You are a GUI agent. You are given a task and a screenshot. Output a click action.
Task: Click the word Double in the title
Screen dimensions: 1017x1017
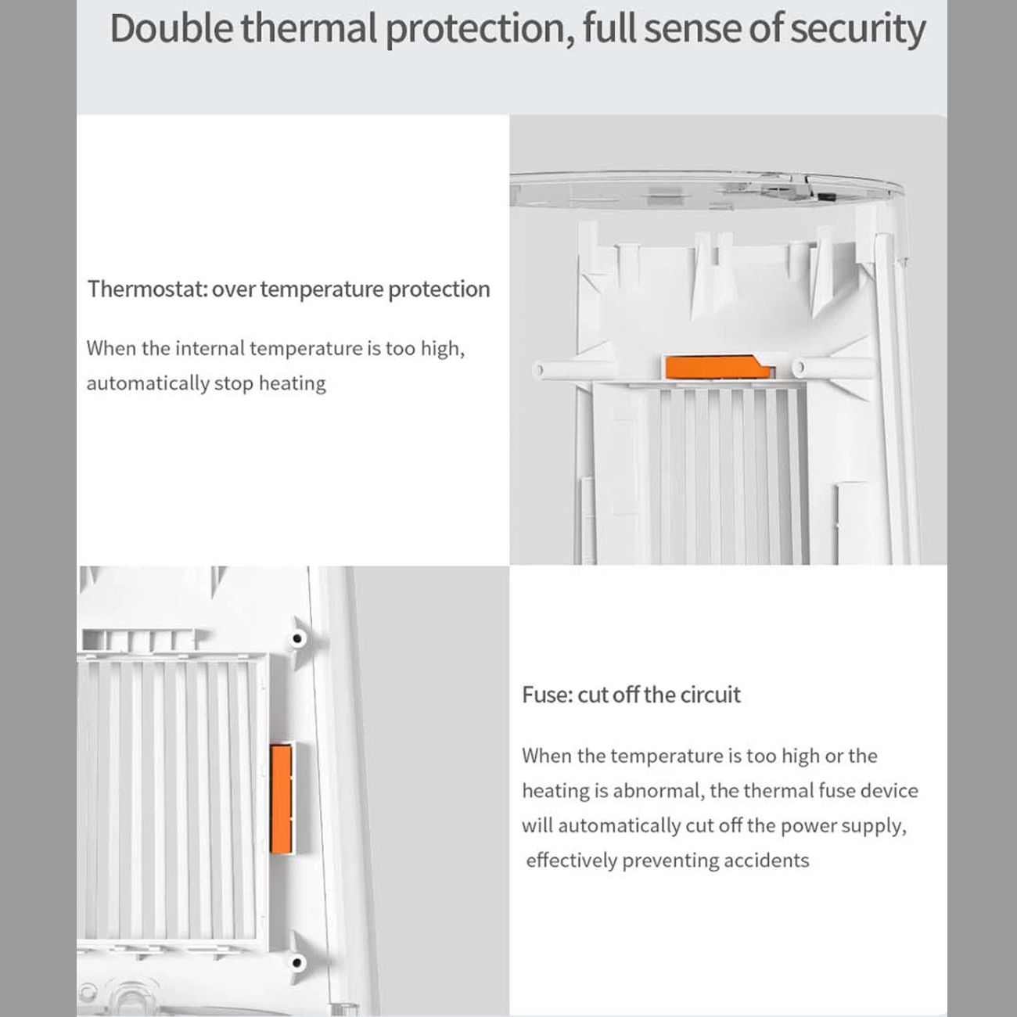(171, 29)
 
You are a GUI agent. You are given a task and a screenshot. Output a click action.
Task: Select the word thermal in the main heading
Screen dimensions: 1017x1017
(309, 29)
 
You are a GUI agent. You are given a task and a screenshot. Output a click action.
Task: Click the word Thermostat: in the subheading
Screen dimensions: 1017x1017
(147, 289)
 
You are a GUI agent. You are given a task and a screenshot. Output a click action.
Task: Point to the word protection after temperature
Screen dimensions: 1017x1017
(439, 290)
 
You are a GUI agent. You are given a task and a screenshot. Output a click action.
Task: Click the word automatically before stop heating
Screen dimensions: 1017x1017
(148, 383)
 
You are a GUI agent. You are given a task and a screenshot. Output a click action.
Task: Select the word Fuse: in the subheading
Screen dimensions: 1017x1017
(548, 695)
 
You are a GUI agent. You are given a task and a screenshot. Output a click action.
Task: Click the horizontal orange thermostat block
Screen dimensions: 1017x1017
(717, 366)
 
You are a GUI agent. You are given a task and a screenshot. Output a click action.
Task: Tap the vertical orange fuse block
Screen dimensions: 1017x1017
(281, 799)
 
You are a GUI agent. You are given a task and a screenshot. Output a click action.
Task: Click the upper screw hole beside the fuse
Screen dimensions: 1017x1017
(297, 638)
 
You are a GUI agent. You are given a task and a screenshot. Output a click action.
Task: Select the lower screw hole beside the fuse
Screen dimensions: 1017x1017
(297, 963)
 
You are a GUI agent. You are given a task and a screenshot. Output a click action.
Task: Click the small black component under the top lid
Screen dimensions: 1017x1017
(826, 197)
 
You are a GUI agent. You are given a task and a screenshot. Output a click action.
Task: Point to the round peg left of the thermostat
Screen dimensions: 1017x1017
(538, 369)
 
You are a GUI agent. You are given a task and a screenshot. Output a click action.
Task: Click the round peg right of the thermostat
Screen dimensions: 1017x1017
(799, 368)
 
